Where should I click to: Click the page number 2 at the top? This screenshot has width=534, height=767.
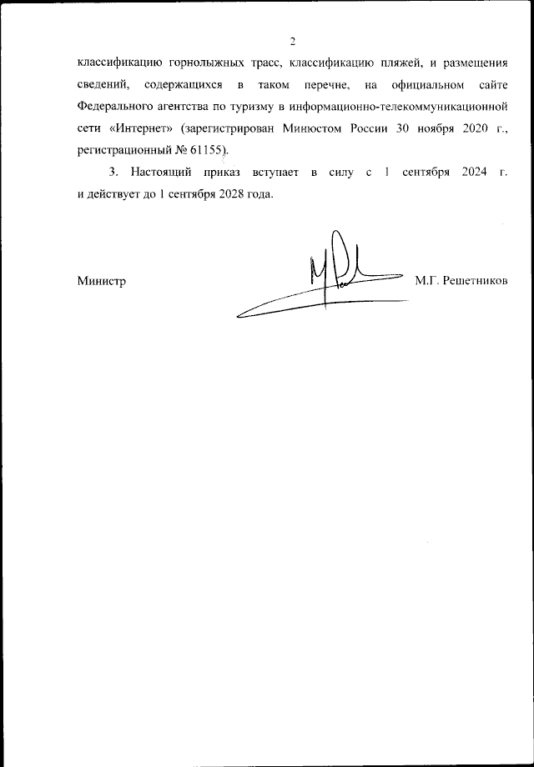pyautogui.click(x=293, y=43)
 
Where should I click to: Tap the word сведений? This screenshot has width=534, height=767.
pyautogui.click(x=103, y=85)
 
